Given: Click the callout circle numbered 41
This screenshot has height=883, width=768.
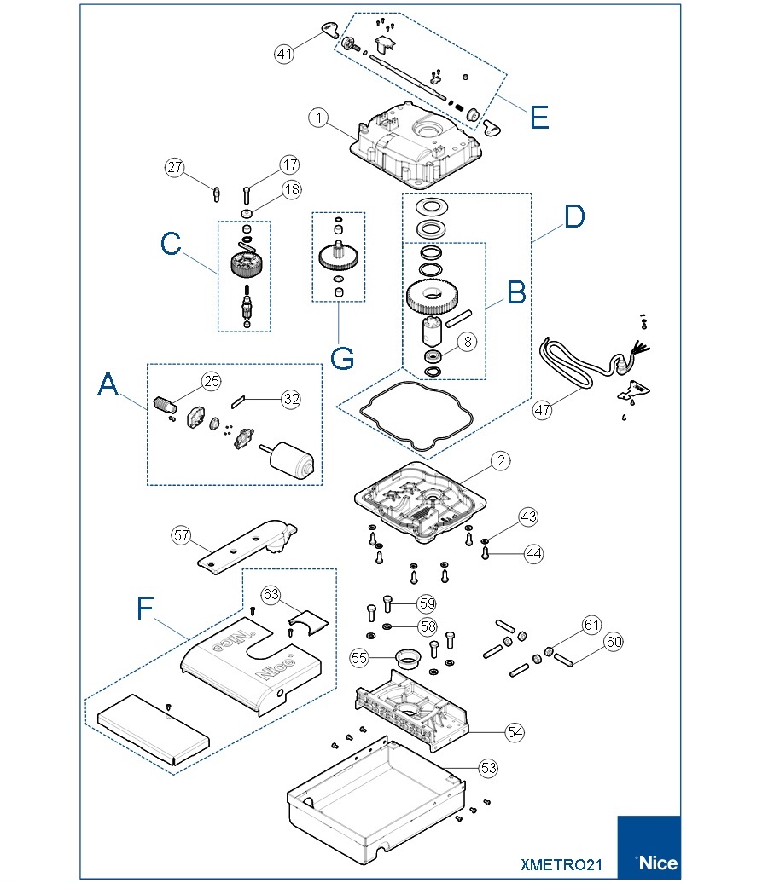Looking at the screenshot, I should coord(284,54).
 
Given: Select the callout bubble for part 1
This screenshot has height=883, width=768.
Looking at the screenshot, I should coord(318,118).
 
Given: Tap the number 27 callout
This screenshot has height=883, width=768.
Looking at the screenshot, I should coord(175,168).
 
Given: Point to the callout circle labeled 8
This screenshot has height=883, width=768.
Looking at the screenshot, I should coord(467,342).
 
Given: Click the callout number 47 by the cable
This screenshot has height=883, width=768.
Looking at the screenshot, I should coord(543,409).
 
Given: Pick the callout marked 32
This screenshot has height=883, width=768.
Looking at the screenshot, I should coord(291,397).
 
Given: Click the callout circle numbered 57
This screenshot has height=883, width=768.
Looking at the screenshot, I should coord(181,535).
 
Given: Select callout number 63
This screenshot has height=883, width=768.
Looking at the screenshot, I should coord(271,594).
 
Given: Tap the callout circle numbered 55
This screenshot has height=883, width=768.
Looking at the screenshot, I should coord(359,657).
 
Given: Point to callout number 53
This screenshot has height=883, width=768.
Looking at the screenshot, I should coord(487,768).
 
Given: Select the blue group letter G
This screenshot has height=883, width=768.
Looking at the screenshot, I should coord(342,358).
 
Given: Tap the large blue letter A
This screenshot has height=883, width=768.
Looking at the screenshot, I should coord(108,385).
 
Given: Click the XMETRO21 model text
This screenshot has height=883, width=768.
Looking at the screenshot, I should coord(561,864).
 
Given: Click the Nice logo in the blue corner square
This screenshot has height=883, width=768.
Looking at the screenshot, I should coord(656,862).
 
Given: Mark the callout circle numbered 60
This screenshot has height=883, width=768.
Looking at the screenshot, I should coord(613,642).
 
